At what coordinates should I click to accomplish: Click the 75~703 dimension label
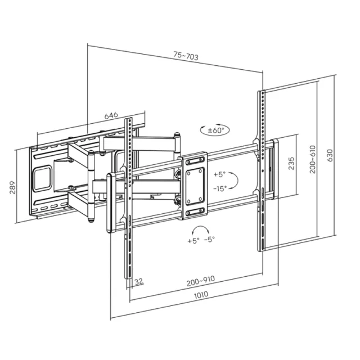tap(186, 56)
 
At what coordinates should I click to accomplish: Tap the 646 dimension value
tap(111, 115)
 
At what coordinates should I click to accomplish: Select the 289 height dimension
tap(12, 187)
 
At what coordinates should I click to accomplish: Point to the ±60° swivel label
tap(216, 130)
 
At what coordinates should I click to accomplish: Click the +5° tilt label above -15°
tap(220, 174)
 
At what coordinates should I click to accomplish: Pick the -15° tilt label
tap(220, 189)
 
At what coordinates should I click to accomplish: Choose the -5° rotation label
tap(209, 240)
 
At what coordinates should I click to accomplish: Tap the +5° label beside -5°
tap(193, 241)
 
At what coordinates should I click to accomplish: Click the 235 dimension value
tap(291, 163)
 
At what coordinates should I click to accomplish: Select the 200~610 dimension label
tap(313, 159)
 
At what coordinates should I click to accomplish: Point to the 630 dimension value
tap(330, 155)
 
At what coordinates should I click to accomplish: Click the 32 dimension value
tap(139, 281)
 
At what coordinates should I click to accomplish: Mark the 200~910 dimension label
tap(201, 281)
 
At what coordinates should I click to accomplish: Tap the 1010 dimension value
tap(201, 295)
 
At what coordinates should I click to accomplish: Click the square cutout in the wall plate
tap(42, 178)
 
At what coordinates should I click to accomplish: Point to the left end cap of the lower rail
tap(110, 204)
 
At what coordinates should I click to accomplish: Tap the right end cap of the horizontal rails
tap(275, 169)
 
